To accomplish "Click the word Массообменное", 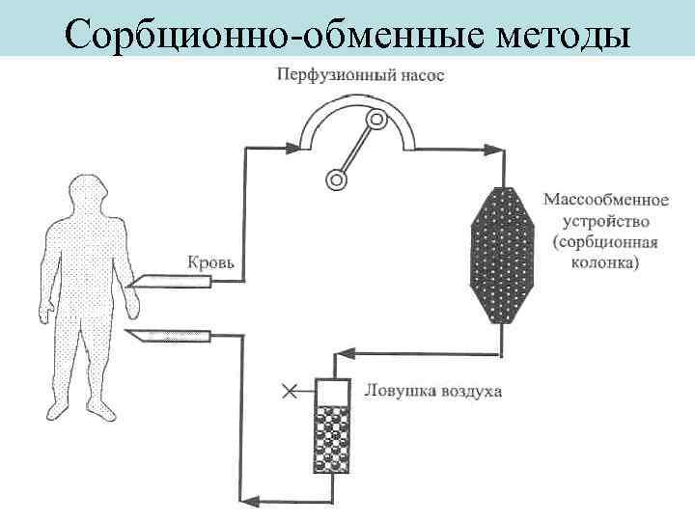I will [x=606, y=201].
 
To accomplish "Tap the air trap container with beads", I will [x=331, y=428].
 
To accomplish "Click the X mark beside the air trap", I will [x=288, y=390].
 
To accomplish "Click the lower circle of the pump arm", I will [x=336, y=178].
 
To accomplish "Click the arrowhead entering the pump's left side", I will [x=294, y=148].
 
